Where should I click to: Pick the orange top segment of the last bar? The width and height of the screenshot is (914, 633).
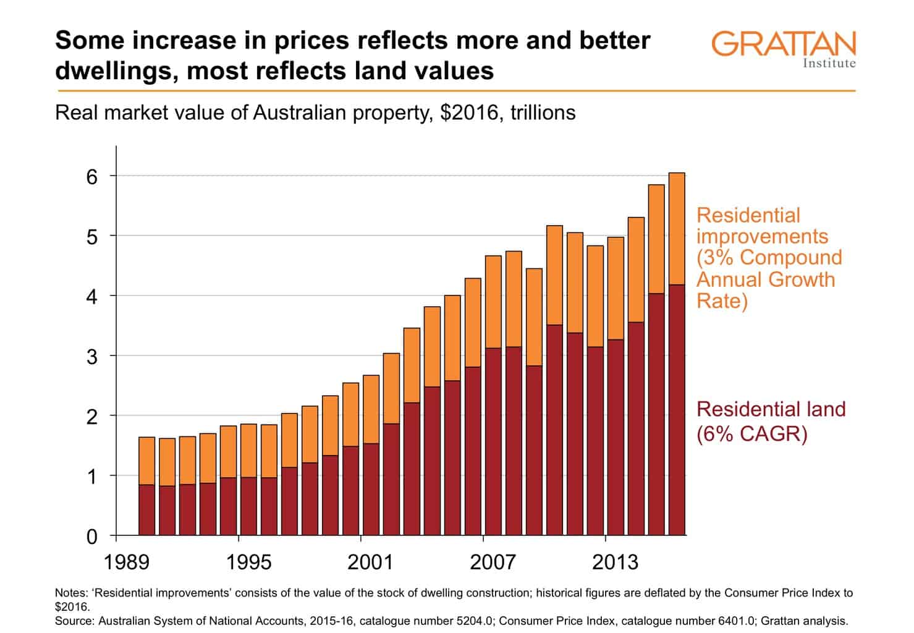(x=677, y=229)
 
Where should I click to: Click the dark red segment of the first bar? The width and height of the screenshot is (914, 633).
(x=146, y=509)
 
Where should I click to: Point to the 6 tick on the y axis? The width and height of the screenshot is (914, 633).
(x=92, y=177)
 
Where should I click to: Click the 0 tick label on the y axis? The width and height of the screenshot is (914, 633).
(x=92, y=537)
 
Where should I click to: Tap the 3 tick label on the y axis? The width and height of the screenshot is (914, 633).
(x=92, y=357)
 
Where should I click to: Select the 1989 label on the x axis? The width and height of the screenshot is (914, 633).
(x=127, y=562)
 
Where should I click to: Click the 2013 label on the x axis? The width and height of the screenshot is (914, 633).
(x=615, y=562)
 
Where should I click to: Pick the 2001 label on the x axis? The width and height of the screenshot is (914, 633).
(x=370, y=562)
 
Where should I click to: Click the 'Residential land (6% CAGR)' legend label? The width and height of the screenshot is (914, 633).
(x=771, y=421)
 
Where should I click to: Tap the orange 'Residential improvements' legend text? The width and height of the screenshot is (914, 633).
(x=769, y=258)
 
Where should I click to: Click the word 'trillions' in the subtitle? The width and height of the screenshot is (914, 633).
(x=543, y=113)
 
